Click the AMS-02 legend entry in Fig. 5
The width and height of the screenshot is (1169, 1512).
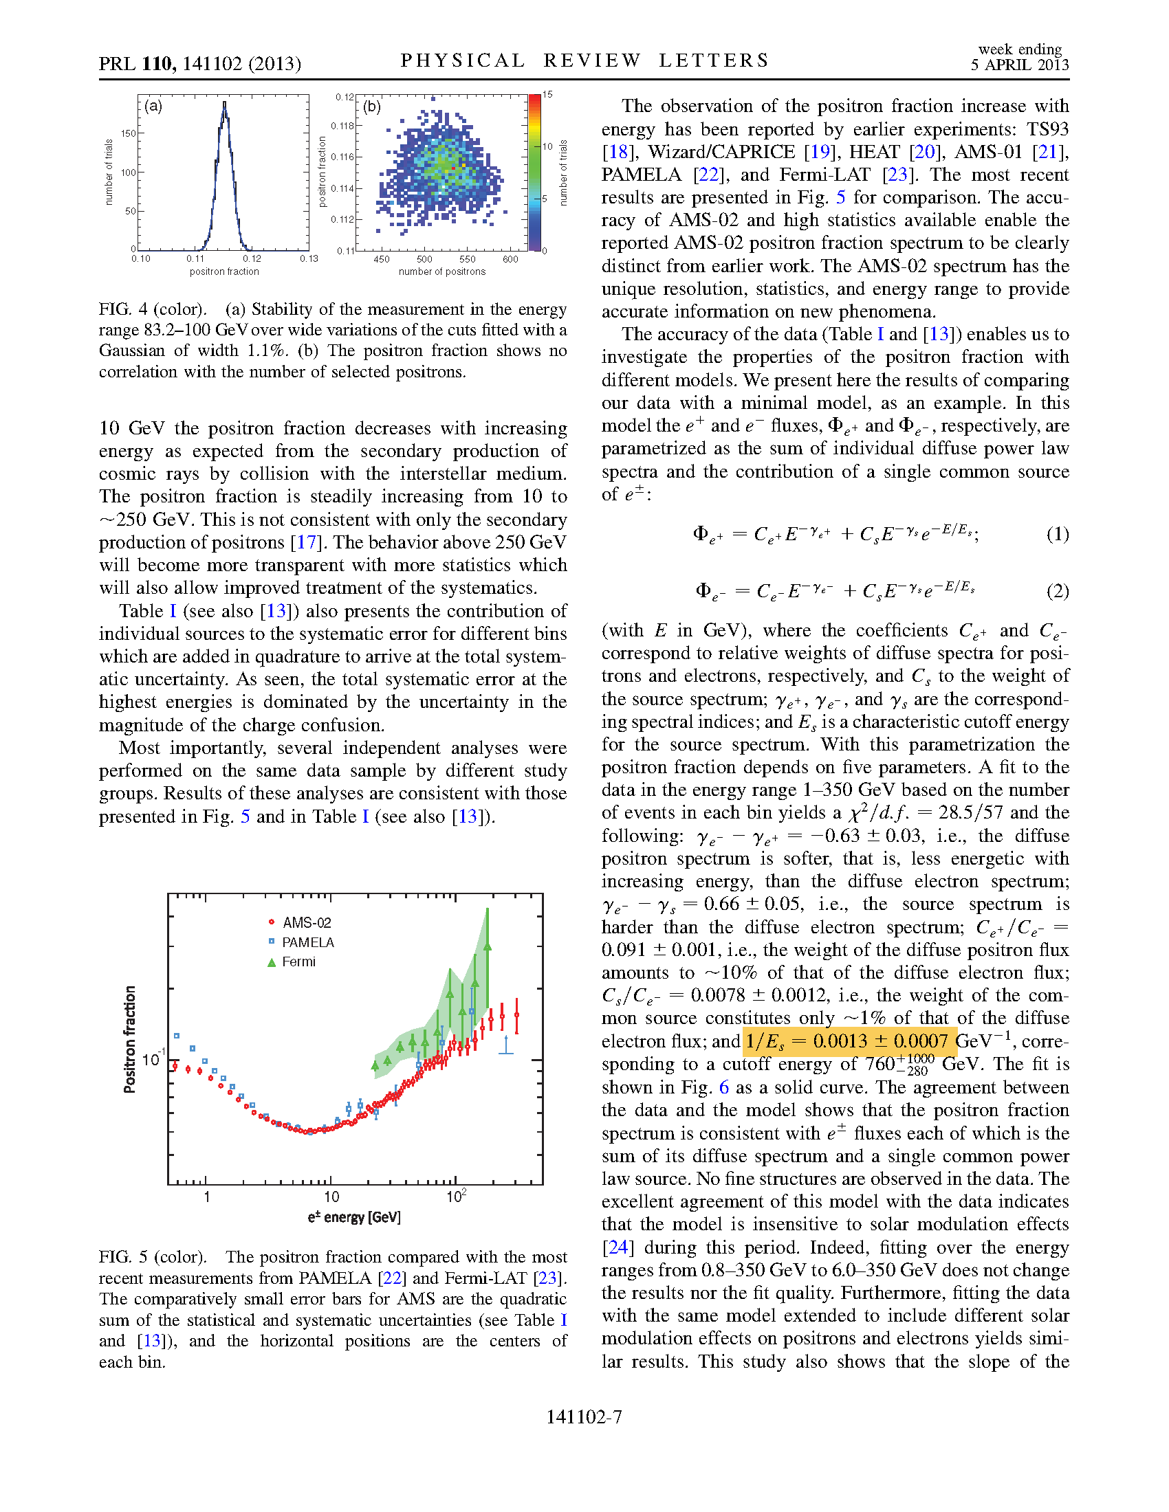point(306,923)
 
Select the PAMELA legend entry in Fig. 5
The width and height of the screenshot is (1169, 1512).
point(307,942)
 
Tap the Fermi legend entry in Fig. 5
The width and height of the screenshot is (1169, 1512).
point(298,961)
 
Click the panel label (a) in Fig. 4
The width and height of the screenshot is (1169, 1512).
point(154,106)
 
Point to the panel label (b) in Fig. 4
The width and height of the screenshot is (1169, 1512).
point(372,107)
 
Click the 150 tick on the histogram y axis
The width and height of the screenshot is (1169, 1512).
point(129,133)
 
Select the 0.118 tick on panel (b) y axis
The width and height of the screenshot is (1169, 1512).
point(342,126)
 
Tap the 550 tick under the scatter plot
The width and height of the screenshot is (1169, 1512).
point(468,260)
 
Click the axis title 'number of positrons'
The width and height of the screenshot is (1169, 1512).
point(442,271)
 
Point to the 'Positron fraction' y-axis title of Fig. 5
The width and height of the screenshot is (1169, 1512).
point(129,1039)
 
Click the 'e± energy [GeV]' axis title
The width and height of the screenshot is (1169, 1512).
point(354,1217)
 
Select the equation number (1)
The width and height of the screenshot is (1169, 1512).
point(1057,534)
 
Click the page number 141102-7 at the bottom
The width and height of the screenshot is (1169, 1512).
point(584,1417)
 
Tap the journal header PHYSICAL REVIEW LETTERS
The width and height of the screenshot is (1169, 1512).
point(584,61)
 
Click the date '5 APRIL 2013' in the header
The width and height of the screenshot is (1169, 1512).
point(1019,65)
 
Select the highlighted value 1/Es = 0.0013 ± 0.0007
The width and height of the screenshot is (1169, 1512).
point(850,1041)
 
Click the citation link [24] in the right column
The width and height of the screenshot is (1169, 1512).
point(616,1247)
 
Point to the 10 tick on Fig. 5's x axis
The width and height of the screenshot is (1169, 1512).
point(331,1197)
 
